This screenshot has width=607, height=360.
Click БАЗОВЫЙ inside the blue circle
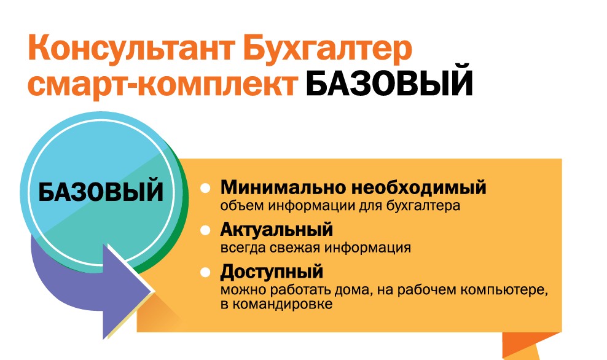point(101,192)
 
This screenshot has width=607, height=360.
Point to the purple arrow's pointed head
point(155,291)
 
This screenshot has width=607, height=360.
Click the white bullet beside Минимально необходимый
point(205,189)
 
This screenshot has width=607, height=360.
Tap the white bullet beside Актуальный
point(205,230)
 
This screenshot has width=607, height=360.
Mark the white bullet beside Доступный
point(205,273)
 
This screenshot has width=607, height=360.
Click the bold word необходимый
point(418,188)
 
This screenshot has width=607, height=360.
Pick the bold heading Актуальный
point(276,230)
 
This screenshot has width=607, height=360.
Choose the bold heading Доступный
point(272,272)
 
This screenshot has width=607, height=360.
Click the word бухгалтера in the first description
point(423,206)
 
